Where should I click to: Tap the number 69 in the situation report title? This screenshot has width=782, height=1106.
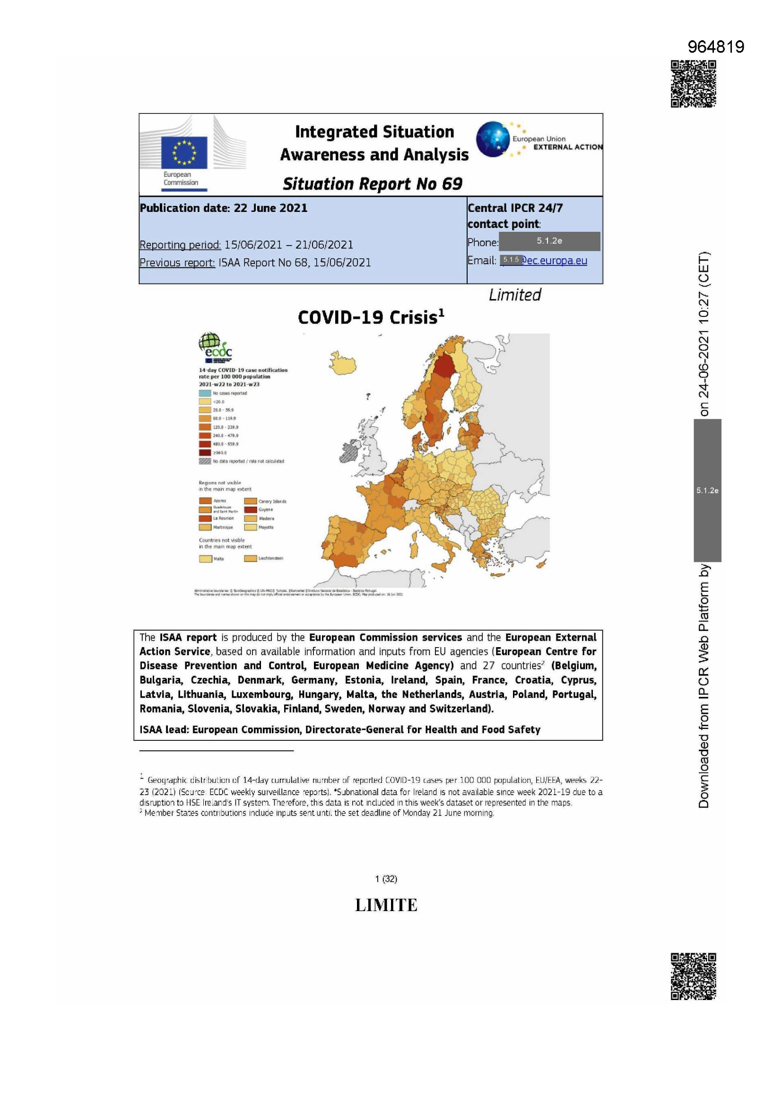[452, 184]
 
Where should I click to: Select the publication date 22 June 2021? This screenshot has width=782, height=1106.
[270, 208]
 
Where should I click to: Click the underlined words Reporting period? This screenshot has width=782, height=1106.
[180, 245]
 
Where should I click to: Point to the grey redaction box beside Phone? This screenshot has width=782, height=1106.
[549, 241]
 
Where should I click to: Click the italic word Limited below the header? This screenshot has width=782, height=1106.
[514, 295]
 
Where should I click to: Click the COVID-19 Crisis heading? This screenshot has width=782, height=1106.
[370, 317]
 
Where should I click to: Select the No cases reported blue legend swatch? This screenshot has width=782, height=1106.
[205, 393]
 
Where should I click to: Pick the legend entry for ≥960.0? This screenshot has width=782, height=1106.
[205, 452]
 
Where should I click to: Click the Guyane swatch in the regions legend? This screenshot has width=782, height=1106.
[250, 509]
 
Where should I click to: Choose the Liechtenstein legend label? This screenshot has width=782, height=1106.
[270, 558]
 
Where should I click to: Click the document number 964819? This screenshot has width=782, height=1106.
[715, 47]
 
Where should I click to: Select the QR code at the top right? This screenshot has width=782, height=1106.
[693, 83]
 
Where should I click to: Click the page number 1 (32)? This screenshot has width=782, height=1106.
[386, 878]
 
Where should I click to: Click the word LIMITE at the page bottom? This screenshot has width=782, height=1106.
[386, 905]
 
